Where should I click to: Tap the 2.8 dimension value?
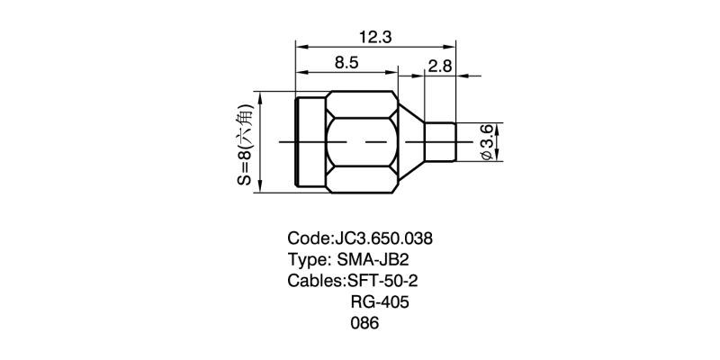pyautogui.click(x=441, y=65)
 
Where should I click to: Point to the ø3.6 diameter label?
pyautogui.click(x=487, y=143)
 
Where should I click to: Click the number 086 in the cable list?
pyautogui.click(x=364, y=323)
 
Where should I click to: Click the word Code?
pyautogui.click(x=308, y=239)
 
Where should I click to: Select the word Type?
pyautogui.click(x=307, y=260)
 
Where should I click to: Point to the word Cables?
pyautogui.click(x=314, y=281)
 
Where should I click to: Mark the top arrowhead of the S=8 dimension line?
pyautogui.click(x=259, y=96)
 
